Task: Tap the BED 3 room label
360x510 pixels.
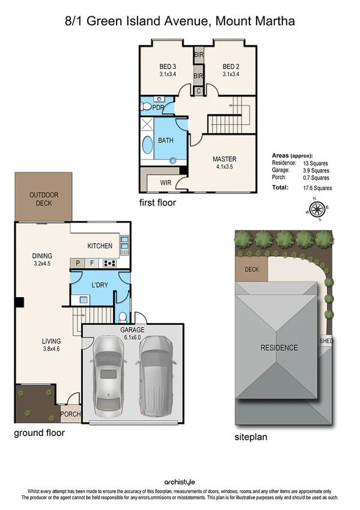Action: click(168, 67)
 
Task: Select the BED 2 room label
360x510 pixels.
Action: click(231, 67)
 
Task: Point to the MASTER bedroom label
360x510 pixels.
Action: click(224, 159)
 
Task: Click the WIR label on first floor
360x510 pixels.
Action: click(166, 183)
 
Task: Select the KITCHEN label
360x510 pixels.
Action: click(100, 246)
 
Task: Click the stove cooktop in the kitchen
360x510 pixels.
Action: click(110, 263)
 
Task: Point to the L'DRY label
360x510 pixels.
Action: click(99, 284)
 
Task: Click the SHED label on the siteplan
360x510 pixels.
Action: click(326, 341)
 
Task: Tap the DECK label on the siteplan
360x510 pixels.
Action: click(252, 269)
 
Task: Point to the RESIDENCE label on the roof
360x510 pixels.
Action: click(279, 348)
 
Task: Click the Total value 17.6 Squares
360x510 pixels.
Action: click(318, 188)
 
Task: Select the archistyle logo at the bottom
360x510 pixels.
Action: click(180, 482)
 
